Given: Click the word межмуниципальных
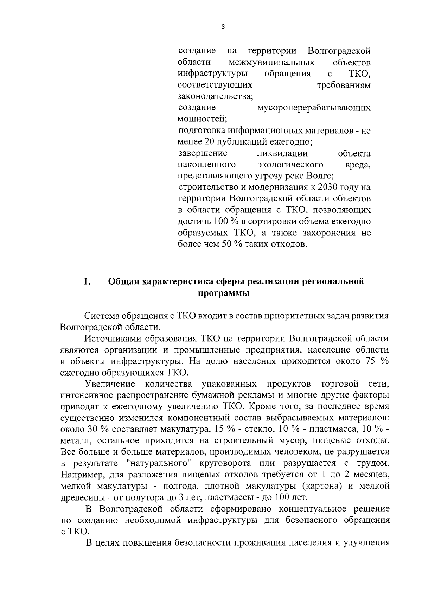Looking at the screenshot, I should point(271,63).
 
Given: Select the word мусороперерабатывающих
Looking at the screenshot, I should point(314,108).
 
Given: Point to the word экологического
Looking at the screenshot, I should point(290,165).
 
